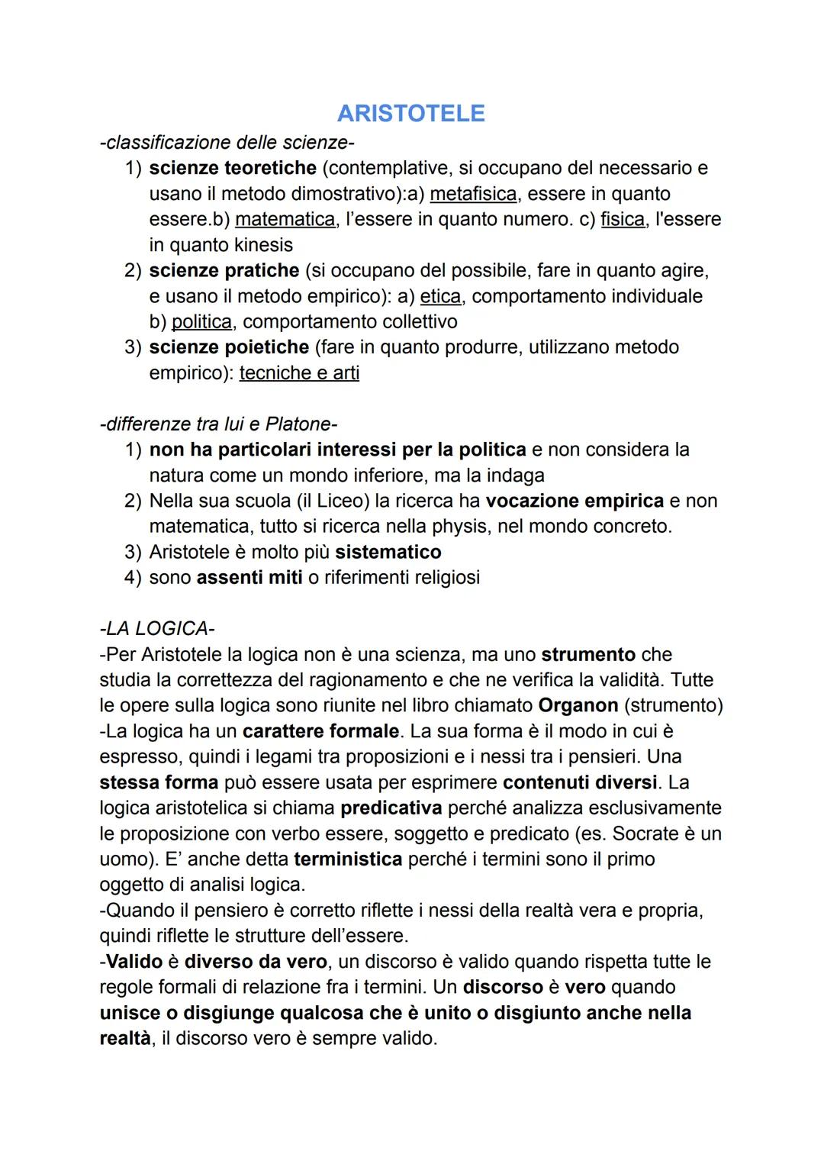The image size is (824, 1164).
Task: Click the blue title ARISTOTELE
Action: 410,113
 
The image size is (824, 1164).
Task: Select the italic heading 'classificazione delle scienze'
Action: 227,143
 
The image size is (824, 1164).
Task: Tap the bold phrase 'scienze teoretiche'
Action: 233,168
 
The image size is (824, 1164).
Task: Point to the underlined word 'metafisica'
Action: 473,194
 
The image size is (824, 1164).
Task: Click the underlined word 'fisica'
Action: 623,220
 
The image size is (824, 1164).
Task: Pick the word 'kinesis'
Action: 257,245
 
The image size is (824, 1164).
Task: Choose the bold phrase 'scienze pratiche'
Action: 224,271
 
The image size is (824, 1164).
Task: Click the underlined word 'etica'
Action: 440,296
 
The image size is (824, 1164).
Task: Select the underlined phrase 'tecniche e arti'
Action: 299,373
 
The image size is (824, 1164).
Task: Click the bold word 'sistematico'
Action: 388,553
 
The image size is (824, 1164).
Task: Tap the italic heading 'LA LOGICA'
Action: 157,629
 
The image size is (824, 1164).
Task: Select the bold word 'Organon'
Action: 578,705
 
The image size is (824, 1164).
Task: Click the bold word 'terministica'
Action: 348,859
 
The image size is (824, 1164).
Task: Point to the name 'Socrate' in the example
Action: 647,834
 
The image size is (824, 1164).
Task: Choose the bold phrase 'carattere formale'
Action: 320,731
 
